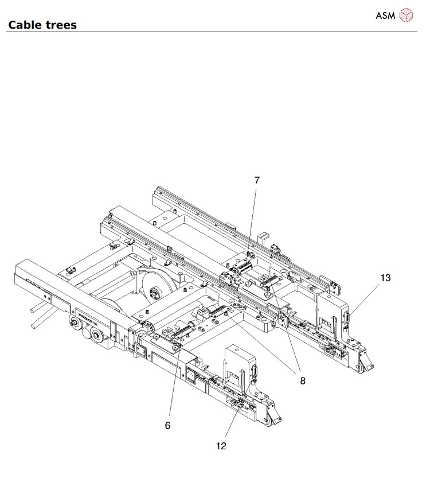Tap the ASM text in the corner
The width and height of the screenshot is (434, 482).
pyautogui.click(x=385, y=15)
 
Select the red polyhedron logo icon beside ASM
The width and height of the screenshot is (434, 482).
pyautogui.click(x=406, y=15)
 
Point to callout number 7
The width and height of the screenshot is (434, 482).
pyautogui.click(x=257, y=180)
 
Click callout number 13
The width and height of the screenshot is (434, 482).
pyautogui.click(x=385, y=278)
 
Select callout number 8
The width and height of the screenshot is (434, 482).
pyautogui.click(x=303, y=381)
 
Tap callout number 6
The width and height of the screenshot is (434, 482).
pyautogui.click(x=168, y=425)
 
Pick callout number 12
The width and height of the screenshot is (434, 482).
pyautogui.click(x=221, y=446)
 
